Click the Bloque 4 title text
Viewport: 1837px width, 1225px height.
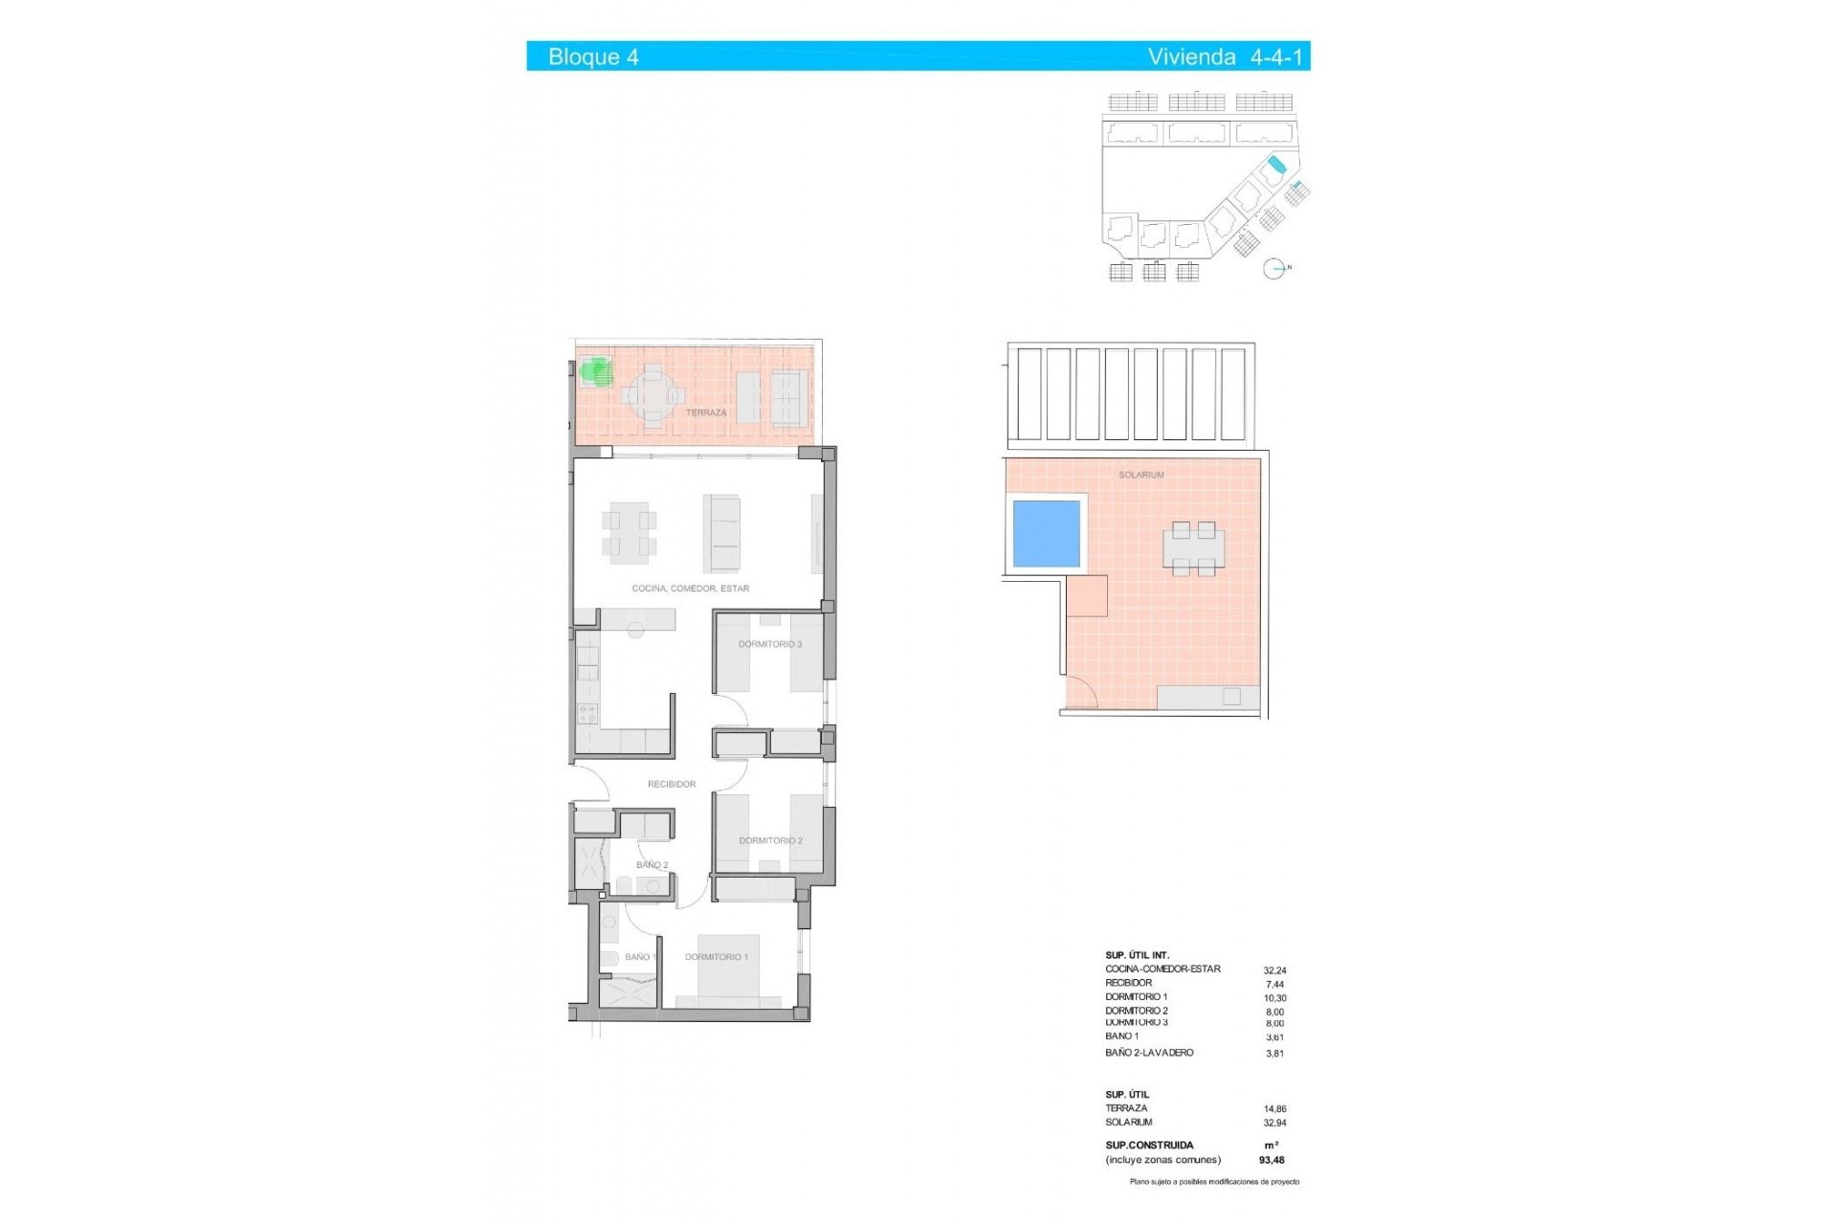click(593, 56)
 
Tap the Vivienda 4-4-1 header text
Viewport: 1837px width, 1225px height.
click(1225, 56)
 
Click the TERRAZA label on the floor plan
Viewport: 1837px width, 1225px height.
click(706, 412)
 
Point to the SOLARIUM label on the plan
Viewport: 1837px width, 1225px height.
click(1140, 475)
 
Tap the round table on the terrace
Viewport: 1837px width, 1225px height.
click(653, 394)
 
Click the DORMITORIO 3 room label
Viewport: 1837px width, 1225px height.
click(769, 644)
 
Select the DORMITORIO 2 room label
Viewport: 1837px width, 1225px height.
click(769, 840)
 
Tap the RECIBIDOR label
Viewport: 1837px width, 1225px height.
click(672, 784)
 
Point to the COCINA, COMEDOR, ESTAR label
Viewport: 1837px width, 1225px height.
click(690, 589)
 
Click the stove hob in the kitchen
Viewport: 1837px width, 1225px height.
click(587, 713)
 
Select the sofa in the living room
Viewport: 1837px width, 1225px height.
click(722, 533)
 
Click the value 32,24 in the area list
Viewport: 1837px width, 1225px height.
click(1274, 970)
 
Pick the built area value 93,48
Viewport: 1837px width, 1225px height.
click(1272, 1160)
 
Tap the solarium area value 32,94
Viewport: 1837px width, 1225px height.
click(1274, 1123)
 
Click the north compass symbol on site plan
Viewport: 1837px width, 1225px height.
click(1274, 270)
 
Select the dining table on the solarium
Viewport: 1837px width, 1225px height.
click(1193, 549)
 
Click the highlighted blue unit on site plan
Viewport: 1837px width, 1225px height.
click(1273, 170)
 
